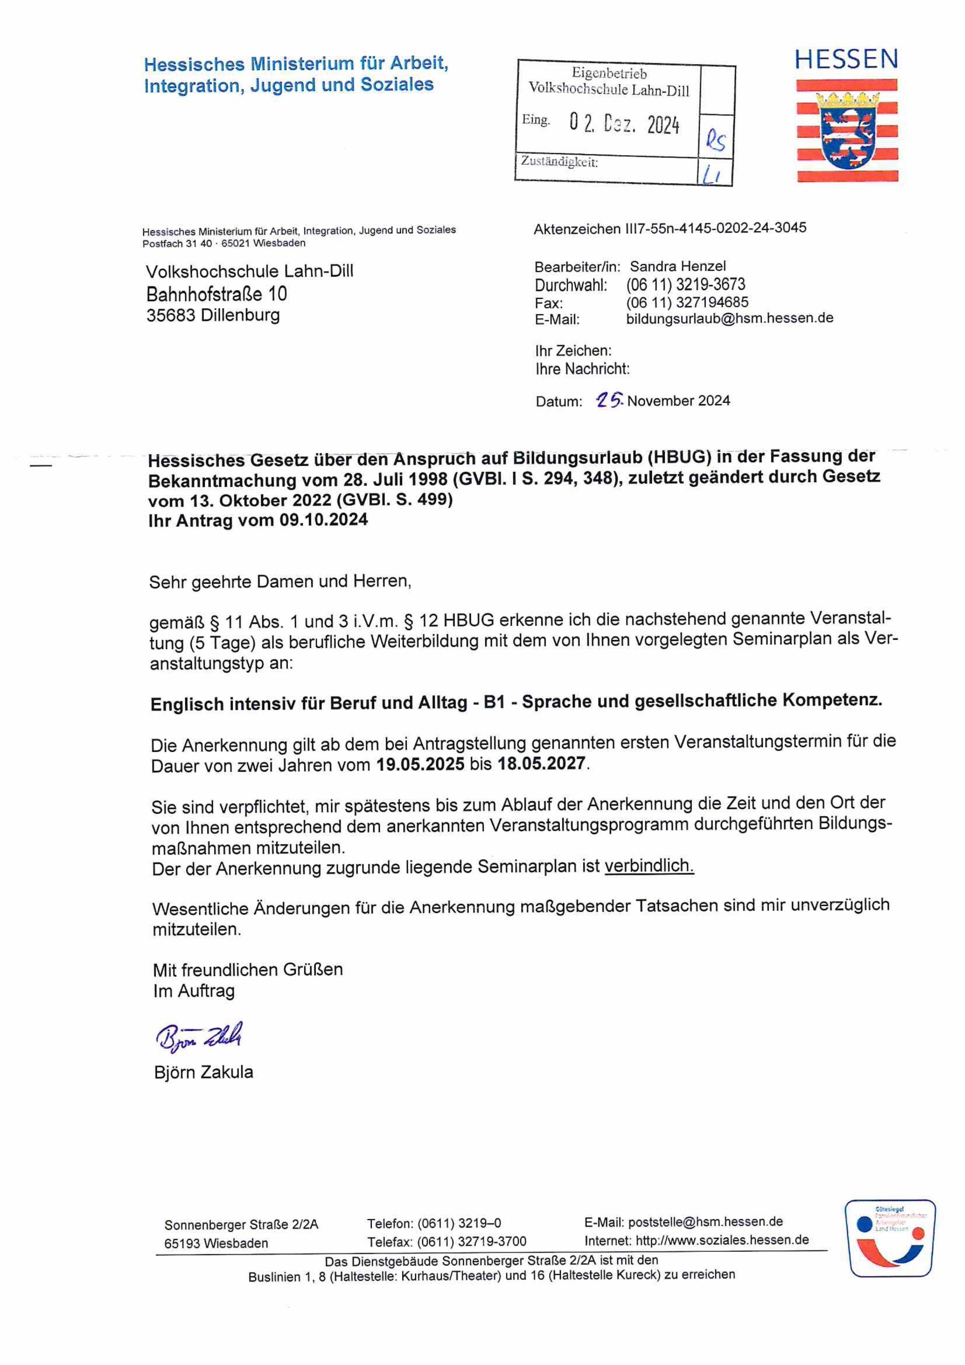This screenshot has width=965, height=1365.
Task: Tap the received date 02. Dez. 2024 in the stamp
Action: pos(624,124)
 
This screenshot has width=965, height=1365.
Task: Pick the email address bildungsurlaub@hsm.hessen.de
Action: pos(730,318)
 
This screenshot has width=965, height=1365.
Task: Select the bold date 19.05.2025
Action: pos(420,764)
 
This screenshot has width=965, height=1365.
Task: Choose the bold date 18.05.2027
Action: pos(541,763)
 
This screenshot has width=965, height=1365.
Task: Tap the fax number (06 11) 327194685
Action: pos(687,302)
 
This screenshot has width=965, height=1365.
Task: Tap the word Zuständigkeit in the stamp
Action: pos(559,162)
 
